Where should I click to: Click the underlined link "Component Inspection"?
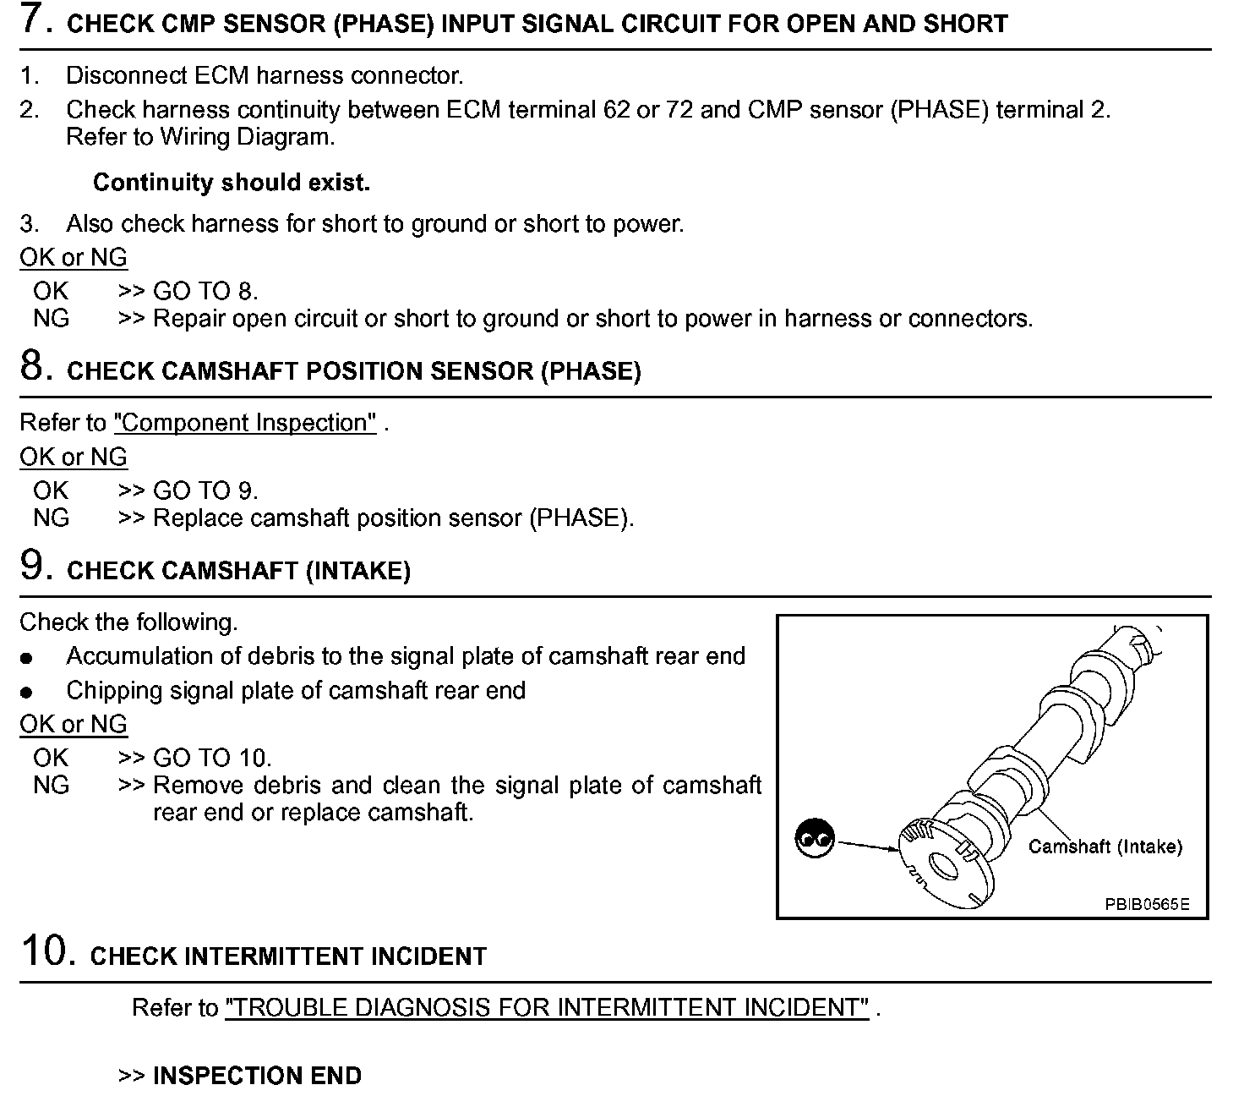coord(245,423)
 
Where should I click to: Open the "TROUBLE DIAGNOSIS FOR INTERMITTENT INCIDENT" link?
coord(547,1008)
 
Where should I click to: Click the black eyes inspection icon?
coord(815,838)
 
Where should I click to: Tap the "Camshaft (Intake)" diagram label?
coord(1105,847)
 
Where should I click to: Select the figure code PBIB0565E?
coord(1147,904)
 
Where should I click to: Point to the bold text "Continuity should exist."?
coord(232,183)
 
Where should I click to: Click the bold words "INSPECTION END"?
coord(257,1076)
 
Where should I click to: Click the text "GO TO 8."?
coord(205,292)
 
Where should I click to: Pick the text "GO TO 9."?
coord(205,491)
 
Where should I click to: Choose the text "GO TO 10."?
coord(212,759)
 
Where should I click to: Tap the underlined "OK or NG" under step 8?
coord(74,458)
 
